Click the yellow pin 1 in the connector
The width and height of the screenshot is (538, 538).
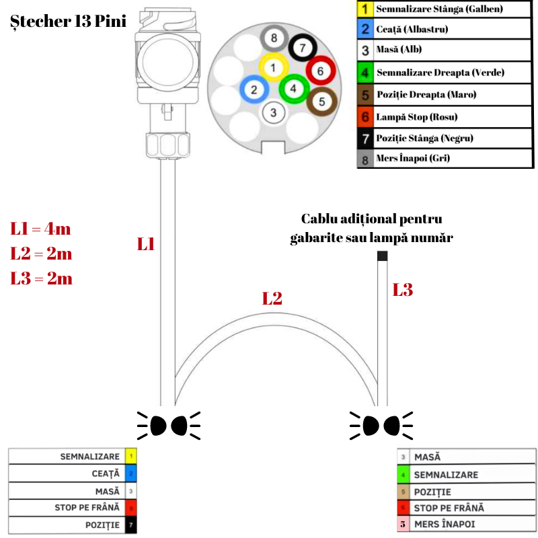click(x=273, y=67)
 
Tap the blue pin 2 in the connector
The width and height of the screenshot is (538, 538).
click(x=254, y=90)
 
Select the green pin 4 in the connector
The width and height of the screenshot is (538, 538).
click(x=293, y=87)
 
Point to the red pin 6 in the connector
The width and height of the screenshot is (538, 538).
click(x=320, y=71)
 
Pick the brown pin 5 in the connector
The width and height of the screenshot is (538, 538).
click(x=321, y=102)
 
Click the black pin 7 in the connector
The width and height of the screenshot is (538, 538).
click(x=303, y=48)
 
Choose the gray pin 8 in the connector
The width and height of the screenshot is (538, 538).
click(x=274, y=38)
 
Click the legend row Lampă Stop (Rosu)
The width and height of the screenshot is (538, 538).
click(x=417, y=117)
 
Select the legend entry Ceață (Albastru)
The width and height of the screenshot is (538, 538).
click(x=412, y=30)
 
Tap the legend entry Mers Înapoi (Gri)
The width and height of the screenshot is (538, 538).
click(x=413, y=159)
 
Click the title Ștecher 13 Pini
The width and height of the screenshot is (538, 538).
click(x=69, y=21)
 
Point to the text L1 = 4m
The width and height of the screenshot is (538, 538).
click(x=40, y=229)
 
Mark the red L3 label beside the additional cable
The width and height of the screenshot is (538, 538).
click(x=402, y=290)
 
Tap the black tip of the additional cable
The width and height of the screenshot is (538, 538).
click(x=382, y=256)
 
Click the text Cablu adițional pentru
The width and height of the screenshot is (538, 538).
click(x=372, y=219)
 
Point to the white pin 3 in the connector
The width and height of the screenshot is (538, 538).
click(x=273, y=112)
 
